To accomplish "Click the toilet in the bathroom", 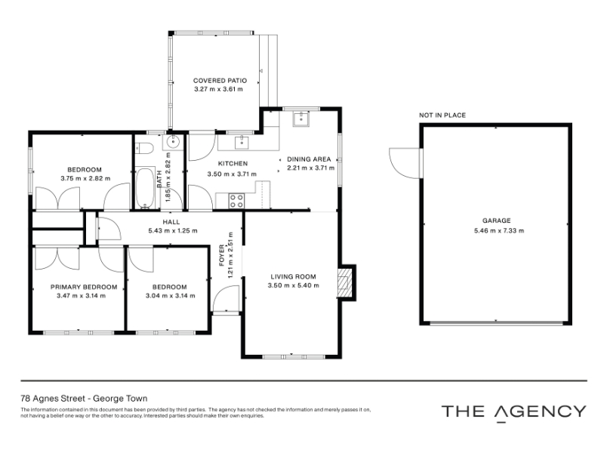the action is [x=145, y=148].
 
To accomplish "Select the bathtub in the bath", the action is [x=145, y=187].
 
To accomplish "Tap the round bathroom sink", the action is [x=173, y=141].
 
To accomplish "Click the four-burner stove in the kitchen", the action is [x=236, y=201].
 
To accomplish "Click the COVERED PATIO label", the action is [x=220, y=81].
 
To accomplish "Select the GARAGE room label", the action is [x=497, y=220].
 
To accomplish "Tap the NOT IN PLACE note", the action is [x=442, y=115].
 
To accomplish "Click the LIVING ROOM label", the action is [x=293, y=276].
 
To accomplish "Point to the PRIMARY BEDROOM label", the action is [x=84, y=287].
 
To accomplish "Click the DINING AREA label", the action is [x=309, y=159].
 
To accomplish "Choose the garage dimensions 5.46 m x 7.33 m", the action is [x=499, y=231].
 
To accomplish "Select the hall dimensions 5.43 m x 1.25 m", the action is [x=173, y=231].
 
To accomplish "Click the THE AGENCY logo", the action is [x=514, y=412].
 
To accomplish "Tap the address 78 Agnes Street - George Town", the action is [x=84, y=399].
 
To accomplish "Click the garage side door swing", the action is [x=404, y=162].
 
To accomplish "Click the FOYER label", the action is [x=221, y=255].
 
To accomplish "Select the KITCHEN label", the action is [x=233, y=163].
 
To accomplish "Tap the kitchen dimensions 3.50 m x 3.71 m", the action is [x=232, y=174].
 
